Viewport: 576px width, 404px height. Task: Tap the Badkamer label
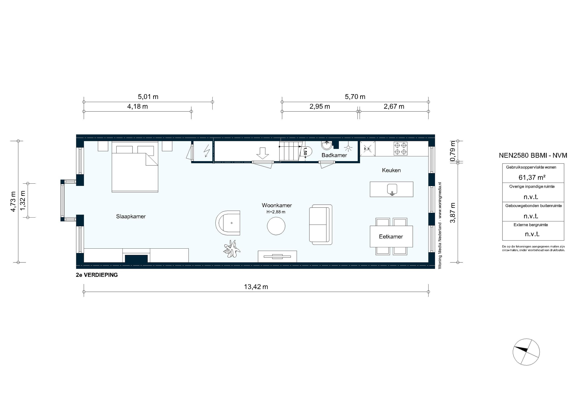pyautogui.click(x=334, y=155)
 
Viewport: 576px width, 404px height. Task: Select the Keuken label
pyautogui.click(x=391, y=170)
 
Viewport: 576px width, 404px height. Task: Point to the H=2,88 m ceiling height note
pyautogui.click(x=276, y=212)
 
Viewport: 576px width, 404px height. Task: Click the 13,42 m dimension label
pyautogui.click(x=256, y=287)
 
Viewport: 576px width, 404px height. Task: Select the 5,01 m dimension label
pyautogui.click(x=148, y=97)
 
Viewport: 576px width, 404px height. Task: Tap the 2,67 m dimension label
pyautogui.click(x=394, y=106)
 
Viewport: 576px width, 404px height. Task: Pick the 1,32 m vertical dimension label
pyautogui.click(x=23, y=200)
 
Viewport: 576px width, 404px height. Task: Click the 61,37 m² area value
pyautogui.click(x=532, y=178)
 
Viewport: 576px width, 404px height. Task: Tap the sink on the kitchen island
pyautogui.click(x=392, y=189)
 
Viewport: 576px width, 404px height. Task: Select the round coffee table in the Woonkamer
pyautogui.click(x=276, y=226)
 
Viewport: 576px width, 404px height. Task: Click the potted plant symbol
pyautogui.click(x=232, y=249)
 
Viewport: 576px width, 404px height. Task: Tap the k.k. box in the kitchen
pyautogui.click(x=367, y=149)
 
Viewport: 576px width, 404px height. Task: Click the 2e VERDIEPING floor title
pyautogui.click(x=97, y=275)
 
